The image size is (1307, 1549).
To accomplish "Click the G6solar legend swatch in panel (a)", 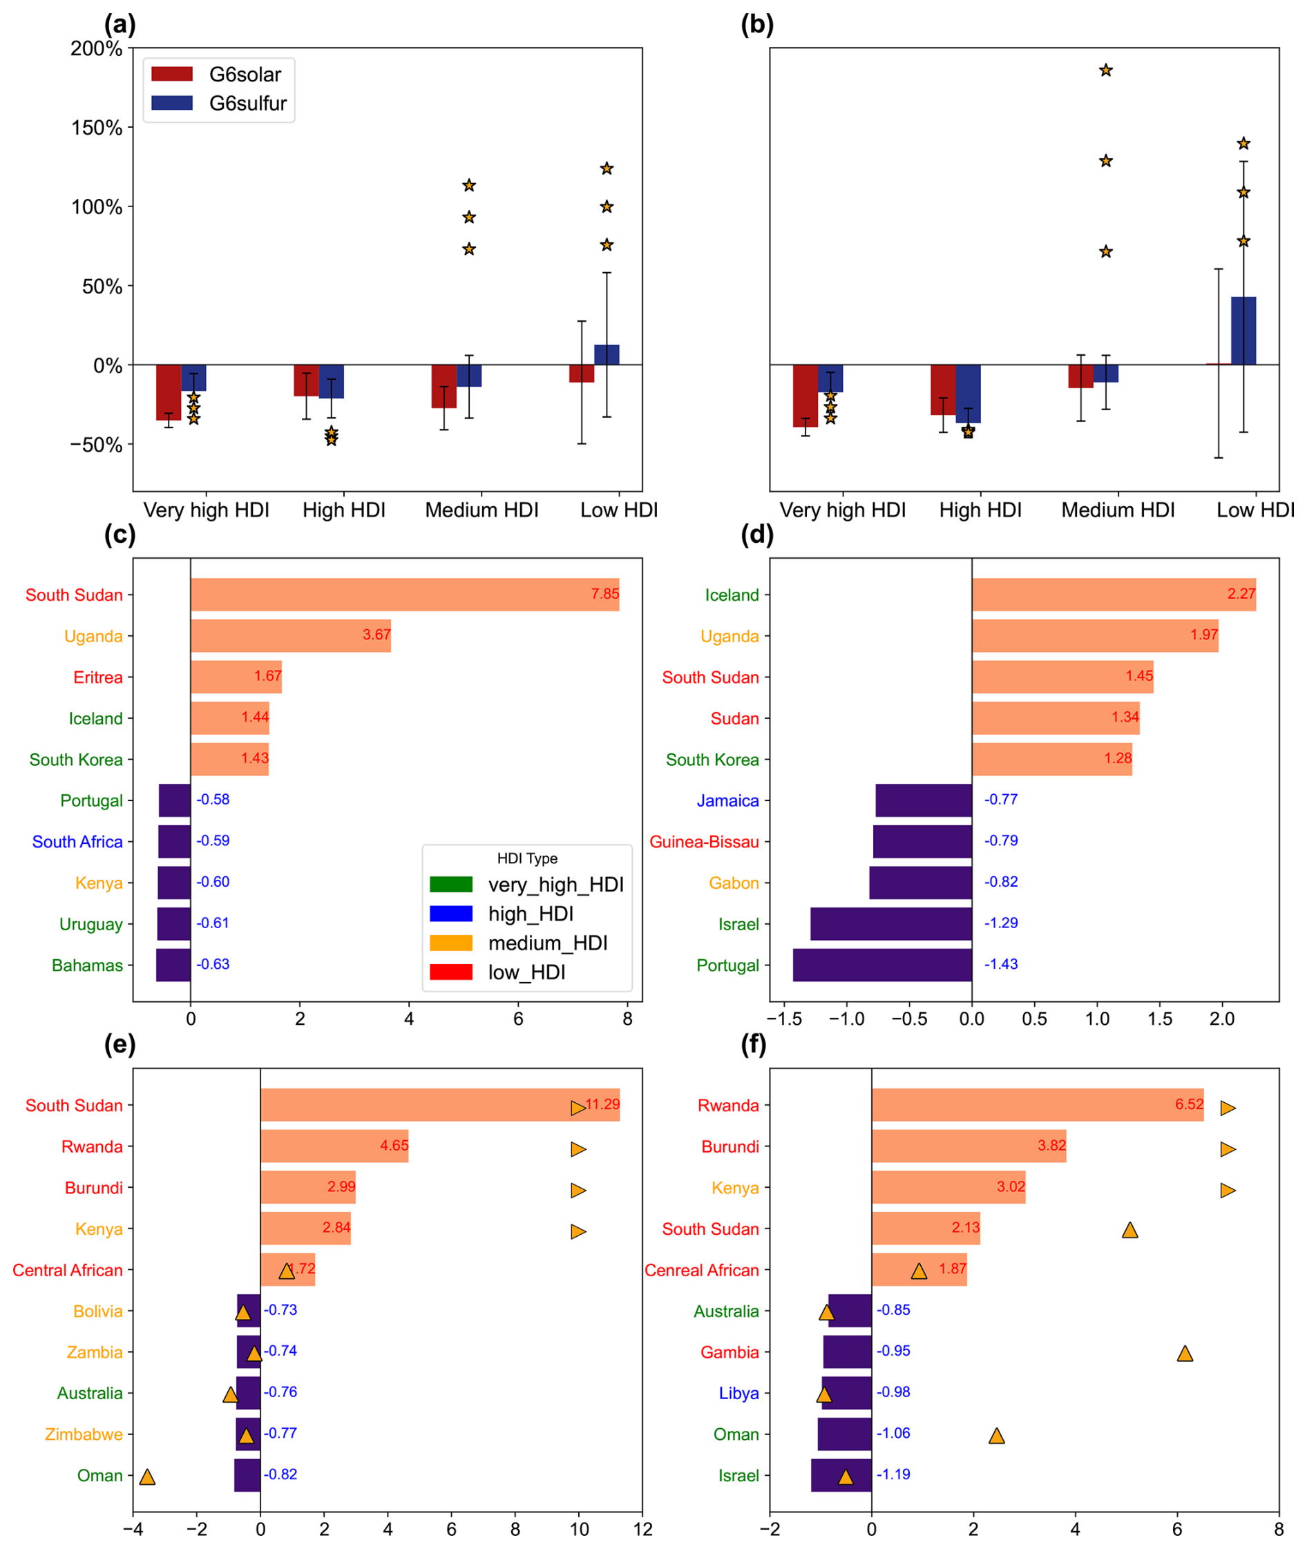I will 172,74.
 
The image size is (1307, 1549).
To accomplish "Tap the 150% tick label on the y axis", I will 96,128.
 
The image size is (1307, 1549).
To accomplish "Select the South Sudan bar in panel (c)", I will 405,595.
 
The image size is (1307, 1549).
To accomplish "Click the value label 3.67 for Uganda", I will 376,635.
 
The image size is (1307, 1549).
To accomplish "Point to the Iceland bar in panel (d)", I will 1114,595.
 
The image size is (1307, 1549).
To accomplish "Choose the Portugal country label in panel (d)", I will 727,965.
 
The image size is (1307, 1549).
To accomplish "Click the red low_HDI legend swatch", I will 450,972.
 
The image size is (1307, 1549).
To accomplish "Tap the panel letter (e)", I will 120,1043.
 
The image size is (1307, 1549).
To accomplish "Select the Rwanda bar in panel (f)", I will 1038,1104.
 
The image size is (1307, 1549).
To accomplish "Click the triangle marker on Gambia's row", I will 1185,1354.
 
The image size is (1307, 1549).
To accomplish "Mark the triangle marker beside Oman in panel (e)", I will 147,1477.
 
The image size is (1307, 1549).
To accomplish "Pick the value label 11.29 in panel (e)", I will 602,1104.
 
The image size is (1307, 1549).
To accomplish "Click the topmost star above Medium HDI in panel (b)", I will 1105,70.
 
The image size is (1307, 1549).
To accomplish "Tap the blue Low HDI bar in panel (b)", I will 1243,331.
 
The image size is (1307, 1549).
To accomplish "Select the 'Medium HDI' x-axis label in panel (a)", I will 481,510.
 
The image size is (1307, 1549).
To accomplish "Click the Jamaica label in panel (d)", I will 727,801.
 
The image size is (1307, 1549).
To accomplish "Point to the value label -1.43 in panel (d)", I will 1001,964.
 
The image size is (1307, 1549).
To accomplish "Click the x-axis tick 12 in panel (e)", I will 642,1529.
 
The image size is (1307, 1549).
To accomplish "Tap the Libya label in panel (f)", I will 738,1394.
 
